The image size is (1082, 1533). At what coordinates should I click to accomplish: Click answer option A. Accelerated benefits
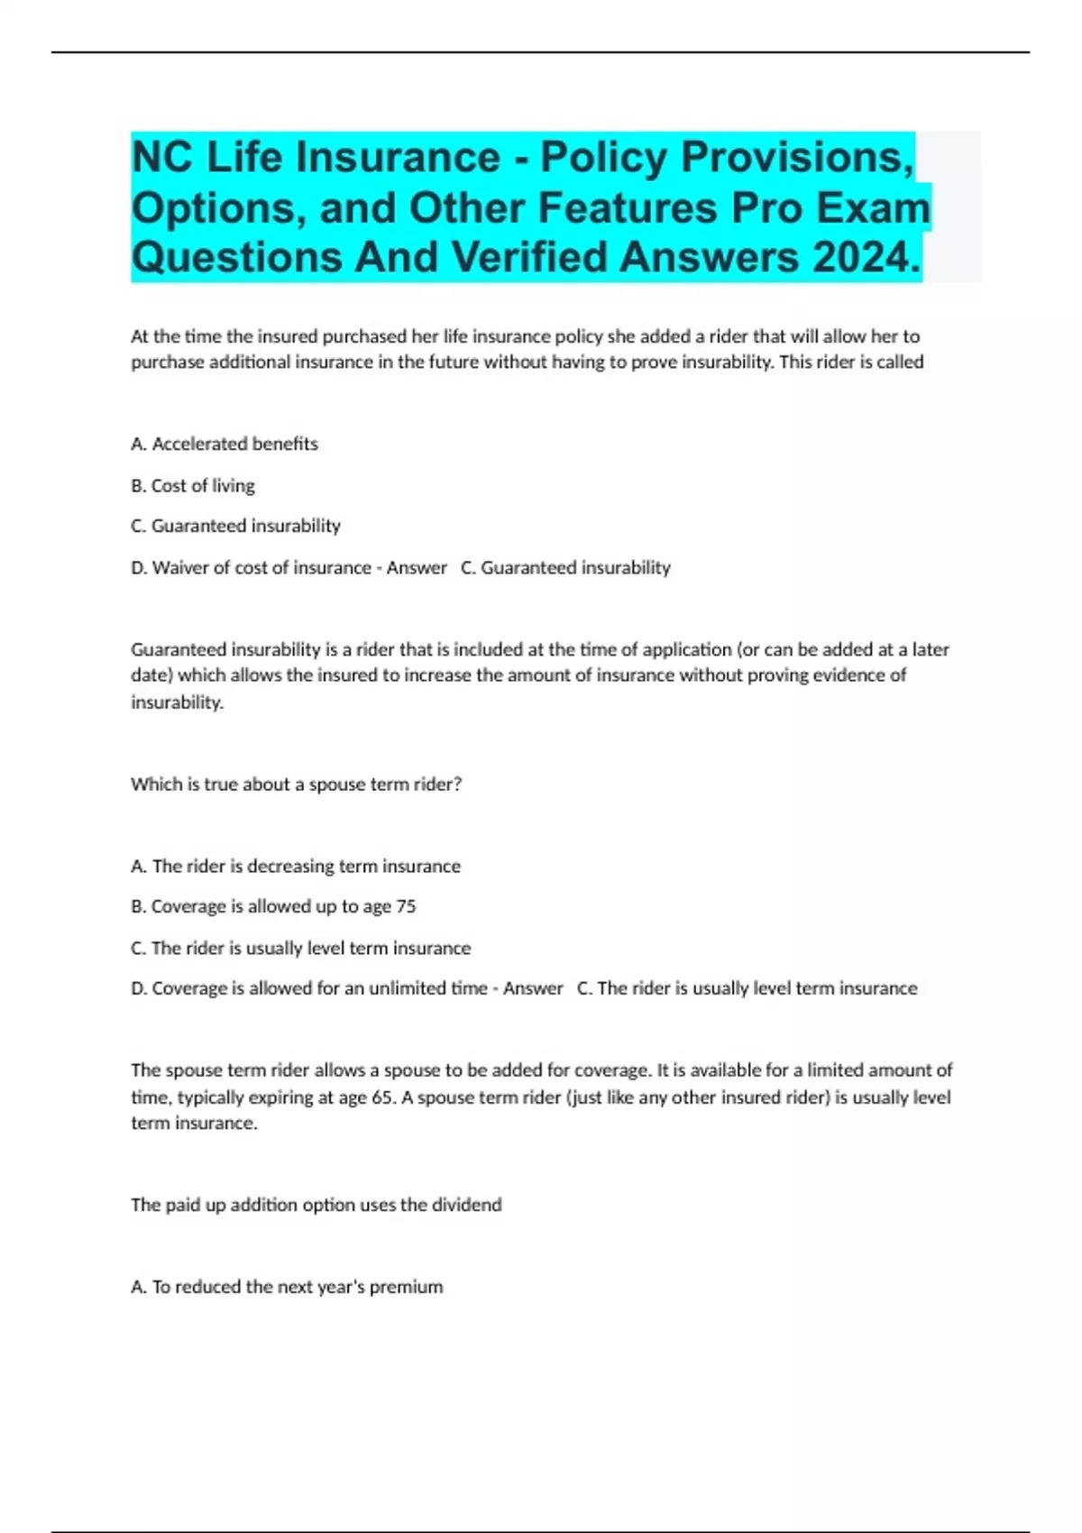[225, 444]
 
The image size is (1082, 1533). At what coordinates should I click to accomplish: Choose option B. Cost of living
[193, 485]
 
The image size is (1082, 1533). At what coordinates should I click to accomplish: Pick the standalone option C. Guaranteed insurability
[235, 526]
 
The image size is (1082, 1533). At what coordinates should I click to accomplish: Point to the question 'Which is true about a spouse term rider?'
[296, 784]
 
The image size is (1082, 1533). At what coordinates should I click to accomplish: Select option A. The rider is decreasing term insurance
[295, 866]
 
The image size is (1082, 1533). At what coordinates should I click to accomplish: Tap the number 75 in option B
[406, 906]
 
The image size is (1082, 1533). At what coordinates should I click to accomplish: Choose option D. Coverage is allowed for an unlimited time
[308, 988]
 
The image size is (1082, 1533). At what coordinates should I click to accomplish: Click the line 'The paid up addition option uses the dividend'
[316, 1205]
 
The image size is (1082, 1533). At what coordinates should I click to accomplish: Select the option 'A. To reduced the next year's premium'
[287, 1287]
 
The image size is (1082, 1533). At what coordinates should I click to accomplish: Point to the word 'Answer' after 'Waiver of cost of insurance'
[417, 567]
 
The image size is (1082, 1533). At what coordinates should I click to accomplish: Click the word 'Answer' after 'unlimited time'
[533, 988]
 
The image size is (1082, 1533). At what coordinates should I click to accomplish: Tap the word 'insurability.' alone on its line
[177, 702]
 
